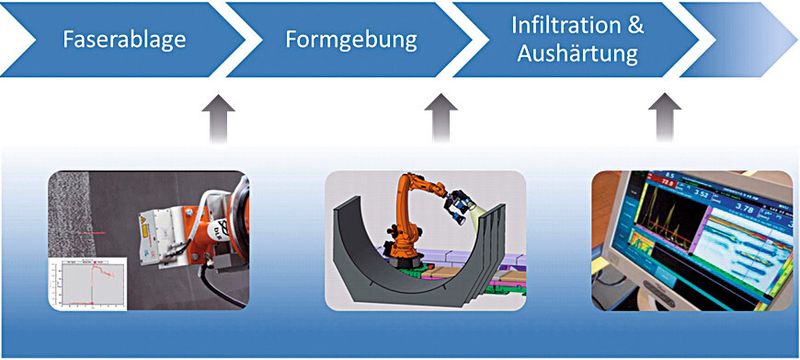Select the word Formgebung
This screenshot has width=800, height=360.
coord(350,42)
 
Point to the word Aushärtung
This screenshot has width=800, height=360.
coord(578,55)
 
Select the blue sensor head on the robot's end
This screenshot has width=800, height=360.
coord(463,204)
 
